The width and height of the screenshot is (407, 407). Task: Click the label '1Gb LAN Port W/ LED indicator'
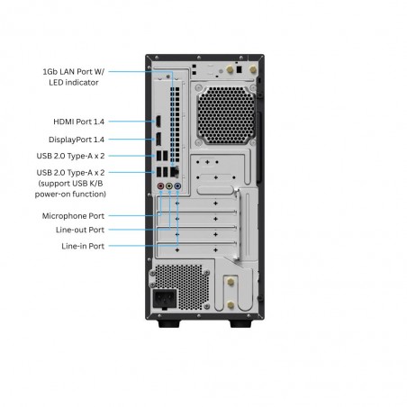click(x=74, y=77)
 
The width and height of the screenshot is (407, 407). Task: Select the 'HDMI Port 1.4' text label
click(x=78, y=122)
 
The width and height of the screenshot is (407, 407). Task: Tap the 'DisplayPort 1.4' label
click(x=77, y=140)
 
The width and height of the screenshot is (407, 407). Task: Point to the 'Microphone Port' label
click(x=73, y=216)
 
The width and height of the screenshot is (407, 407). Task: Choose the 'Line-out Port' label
click(x=80, y=230)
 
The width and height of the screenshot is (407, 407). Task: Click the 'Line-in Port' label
click(x=83, y=246)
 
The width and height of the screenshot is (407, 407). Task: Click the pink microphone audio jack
click(x=160, y=186)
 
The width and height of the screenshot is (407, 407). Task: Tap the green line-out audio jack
click(x=169, y=186)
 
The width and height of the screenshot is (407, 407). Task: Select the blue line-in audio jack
click(x=177, y=186)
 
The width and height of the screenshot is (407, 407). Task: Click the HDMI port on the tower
click(x=158, y=122)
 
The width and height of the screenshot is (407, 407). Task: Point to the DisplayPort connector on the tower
click(x=158, y=139)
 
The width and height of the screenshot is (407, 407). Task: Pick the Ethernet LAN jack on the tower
click(x=175, y=172)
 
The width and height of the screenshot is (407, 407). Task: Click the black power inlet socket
click(x=165, y=299)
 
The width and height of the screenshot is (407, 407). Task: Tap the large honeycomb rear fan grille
click(x=226, y=115)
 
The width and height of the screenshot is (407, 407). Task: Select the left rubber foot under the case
click(x=168, y=323)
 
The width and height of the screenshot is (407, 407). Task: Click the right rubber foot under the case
click(x=240, y=323)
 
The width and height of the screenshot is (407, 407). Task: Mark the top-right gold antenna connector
click(x=253, y=69)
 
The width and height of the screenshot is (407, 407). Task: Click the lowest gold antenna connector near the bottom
click(x=231, y=305)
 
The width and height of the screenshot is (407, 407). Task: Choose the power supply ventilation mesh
click(x=182, y=287)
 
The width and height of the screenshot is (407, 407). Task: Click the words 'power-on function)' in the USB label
click(x=70, y=194)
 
